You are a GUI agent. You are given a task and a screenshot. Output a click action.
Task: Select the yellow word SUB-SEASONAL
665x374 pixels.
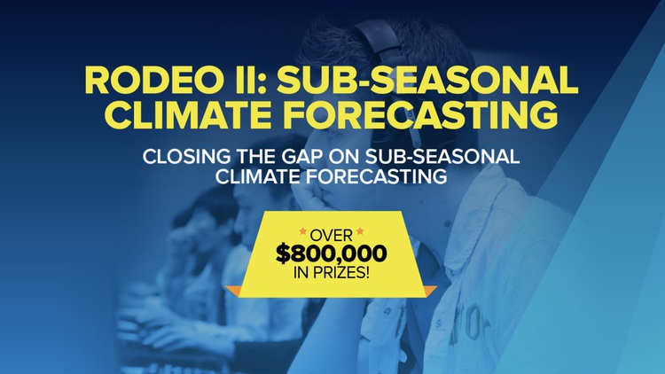coord(428,80)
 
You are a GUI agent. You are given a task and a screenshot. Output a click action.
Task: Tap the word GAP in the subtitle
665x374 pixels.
coord(304,157)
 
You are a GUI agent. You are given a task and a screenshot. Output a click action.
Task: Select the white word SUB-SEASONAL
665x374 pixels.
coord(442,157)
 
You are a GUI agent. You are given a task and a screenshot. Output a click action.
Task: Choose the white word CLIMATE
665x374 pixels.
coord(258,176)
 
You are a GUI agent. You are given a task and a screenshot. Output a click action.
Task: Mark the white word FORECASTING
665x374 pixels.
coord(377,176)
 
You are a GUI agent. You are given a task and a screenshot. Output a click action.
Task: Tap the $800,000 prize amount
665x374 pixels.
coord(332,253)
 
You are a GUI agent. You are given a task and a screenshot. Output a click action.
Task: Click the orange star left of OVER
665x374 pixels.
coord(303,231)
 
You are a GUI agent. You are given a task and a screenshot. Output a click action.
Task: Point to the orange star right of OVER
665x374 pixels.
coord(360,231)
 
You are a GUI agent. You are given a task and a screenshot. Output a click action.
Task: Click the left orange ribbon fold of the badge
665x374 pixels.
coord(234,291)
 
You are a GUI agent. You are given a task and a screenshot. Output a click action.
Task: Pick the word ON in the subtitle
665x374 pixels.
coord(346,157)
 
